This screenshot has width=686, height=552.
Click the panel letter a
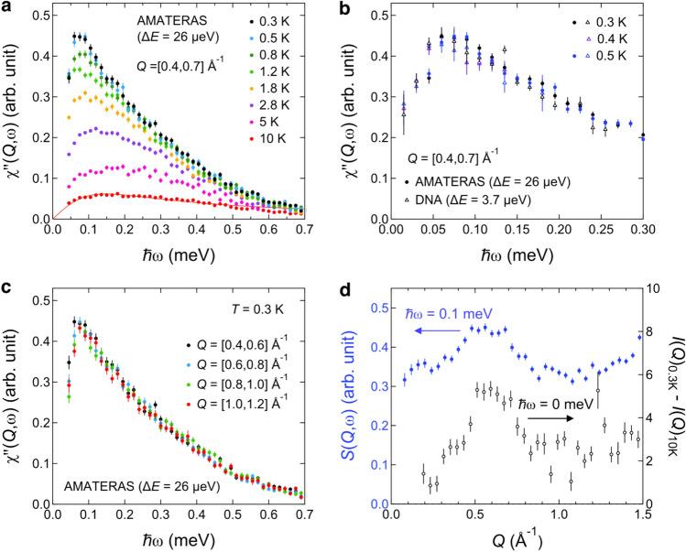tap(8, 8)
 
